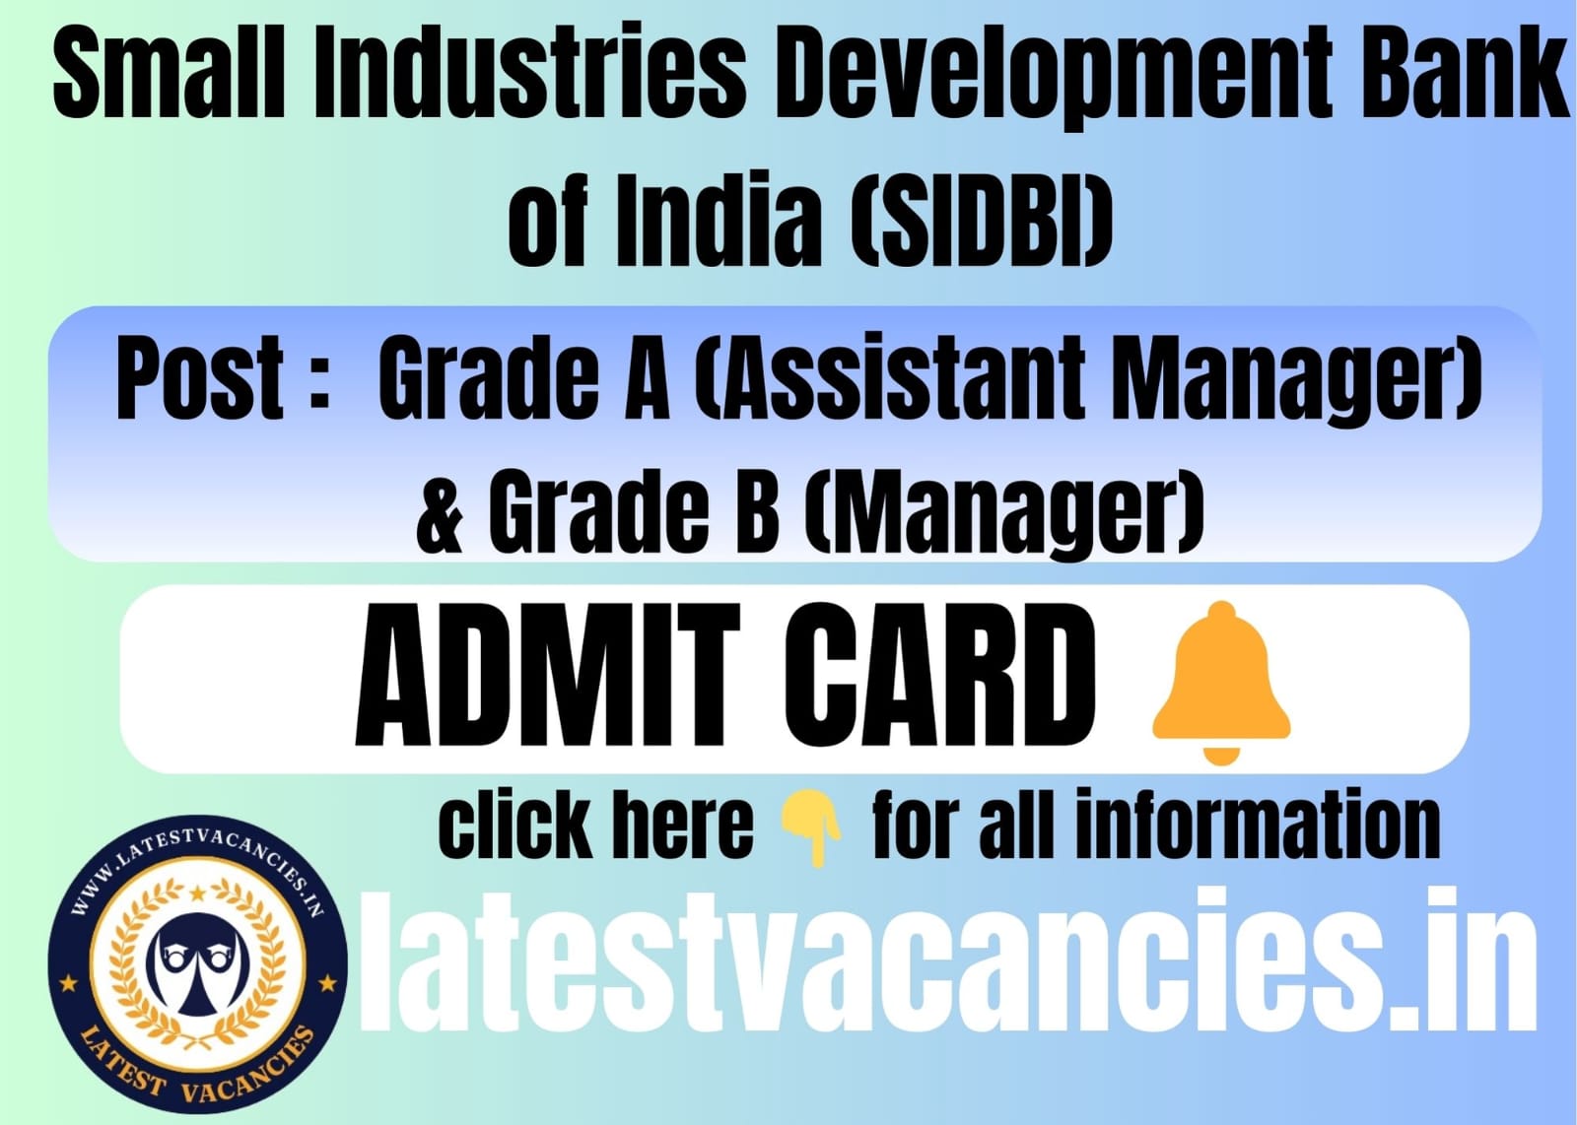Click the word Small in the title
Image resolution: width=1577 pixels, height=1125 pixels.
170,74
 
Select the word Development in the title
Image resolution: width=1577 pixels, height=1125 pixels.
1052,79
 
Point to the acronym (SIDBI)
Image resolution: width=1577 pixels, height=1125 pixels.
983,219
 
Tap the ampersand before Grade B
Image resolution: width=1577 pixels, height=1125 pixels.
441,511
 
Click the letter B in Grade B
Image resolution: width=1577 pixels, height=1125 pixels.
757,511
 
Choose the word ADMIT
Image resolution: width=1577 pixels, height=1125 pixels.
548,674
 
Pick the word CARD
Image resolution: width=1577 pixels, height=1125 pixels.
940,674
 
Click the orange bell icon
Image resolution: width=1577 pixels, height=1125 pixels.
1221,683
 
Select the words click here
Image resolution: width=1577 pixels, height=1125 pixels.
595,824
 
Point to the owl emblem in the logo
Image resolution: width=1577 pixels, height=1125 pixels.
197,964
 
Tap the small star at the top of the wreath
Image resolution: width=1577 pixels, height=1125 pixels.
198,893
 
